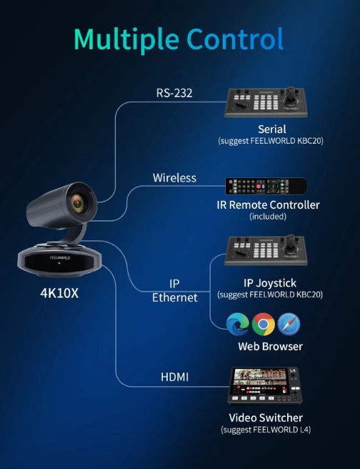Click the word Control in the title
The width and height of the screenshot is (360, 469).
[235, 39]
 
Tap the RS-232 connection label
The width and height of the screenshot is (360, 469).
[174, 93]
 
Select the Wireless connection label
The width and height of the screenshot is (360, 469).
[174, 178]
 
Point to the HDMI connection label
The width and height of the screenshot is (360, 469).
[175, 377]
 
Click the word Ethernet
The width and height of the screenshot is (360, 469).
[175, 298]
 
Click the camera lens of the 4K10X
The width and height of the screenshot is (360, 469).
[79, 203]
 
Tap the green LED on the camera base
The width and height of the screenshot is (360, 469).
[59, 263]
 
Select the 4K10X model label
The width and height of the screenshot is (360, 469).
[59, 293]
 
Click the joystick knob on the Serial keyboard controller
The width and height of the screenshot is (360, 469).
[291, 94]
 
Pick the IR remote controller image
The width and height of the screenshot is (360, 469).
[266, 186]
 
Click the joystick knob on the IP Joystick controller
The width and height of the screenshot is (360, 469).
[291, 242]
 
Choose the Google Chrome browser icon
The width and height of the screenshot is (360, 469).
[263, 325]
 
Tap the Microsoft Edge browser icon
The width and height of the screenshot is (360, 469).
[238, 325]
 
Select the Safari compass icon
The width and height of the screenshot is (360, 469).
[289, 325]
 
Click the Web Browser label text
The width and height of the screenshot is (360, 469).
[271, 346]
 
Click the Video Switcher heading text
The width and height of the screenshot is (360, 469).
[266, 418]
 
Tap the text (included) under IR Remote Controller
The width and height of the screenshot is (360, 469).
[268, 216]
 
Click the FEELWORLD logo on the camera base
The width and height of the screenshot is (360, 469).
[60, 257]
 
